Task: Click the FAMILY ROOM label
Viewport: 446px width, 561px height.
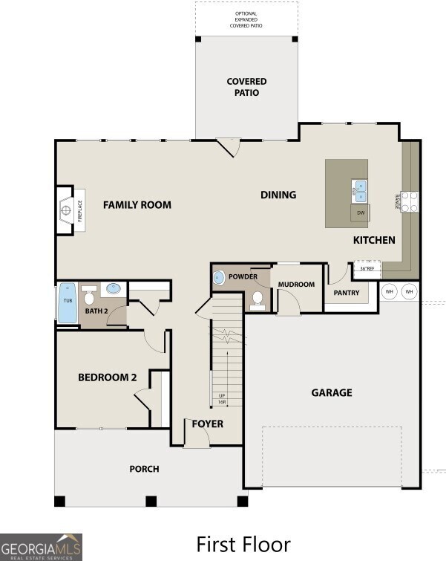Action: pyautogui.click(x=137, y=205)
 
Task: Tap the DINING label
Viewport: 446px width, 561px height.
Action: pyautogui.click(x=278, y=195)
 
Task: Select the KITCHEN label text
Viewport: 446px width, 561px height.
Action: pyautogui.click(x=373, y=240)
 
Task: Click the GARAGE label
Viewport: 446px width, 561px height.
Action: pyautogui.click(x=332, y=392)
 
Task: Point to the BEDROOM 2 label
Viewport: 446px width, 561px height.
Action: pyautogui.click(x=108, y=377)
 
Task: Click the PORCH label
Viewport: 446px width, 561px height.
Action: pyautogui.click(x=144, y=469)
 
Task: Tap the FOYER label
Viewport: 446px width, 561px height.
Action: pyautogui.click(x=208, y=424)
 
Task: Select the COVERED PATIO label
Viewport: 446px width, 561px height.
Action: pyautogui.click(x=246, y=87)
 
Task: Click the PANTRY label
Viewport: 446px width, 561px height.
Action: pyautogui.click(x=347, y=293)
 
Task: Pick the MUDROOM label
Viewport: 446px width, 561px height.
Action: pyautogui.click(x=296, y=285)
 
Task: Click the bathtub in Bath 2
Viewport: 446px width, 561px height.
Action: pyautogui.click(x=68, y=302)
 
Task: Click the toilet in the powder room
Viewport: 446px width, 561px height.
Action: pyautogui.click(x=258, y=299)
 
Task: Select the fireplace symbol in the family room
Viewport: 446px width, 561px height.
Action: pyautogui.click(x=66, y=211)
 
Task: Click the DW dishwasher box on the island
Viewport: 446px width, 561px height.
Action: pyautogui.click(x=361, y=213)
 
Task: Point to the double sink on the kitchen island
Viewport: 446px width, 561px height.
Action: pyautogui.click(x=359, y=192)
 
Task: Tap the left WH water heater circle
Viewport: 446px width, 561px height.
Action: pyautogui.click(x=389, y=292)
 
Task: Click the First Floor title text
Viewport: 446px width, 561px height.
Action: pyautogui.click(x=243, y=544)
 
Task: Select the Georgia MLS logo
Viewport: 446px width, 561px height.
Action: pyautogui.click(x=41, y=546)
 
